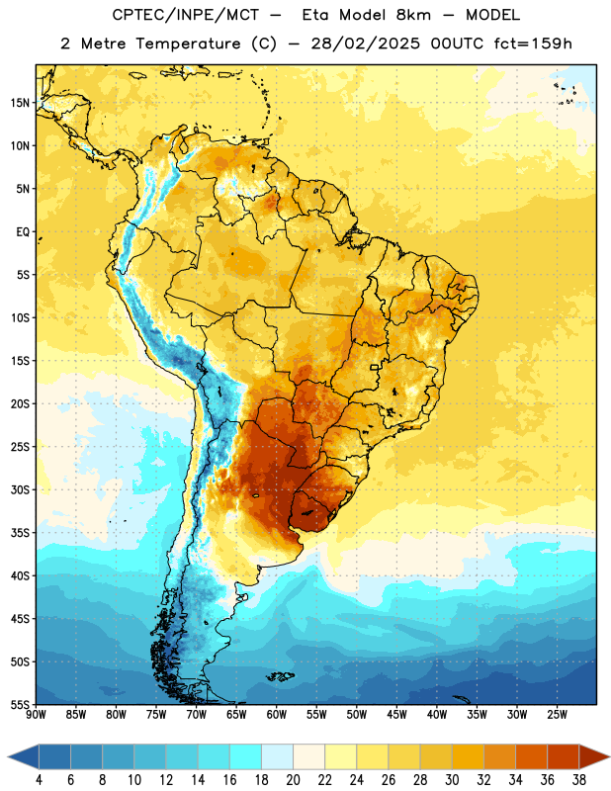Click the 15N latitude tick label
(20, 103)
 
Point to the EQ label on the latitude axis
(23, 232)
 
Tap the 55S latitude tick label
(20, 704)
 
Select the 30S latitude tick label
(20, 489)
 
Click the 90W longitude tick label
(36, 715)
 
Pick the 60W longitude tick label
(277, 715)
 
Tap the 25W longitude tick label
(557, 715)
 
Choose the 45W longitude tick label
(396, 715)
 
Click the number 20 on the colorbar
(293, 780)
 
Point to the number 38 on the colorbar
(579, 780)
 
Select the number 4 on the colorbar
(39, 780)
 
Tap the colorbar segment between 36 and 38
(564, 756)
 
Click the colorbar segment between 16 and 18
(245, 756)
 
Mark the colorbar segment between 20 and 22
(308, 756)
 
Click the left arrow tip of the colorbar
(8, 756)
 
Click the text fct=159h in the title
(533, 44)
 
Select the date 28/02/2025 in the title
(365, 44)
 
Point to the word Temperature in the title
(188, 44)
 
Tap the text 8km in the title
(413, 15)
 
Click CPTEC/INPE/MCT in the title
(185, 16)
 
